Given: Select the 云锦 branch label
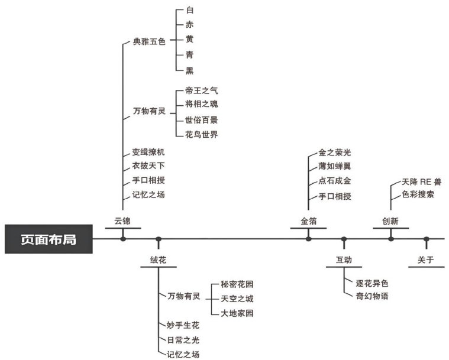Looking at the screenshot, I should pyautogui.click(x=122, y=222).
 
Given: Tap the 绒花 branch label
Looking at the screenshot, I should pyautogui.click(x=158, y=260).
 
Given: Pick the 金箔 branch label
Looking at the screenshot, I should pyautogui.click(x=309, y=222).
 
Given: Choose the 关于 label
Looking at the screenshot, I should pyautogui.click(x=426, y=260).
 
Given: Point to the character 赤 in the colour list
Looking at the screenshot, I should pyautogui.click(x=189, y=25).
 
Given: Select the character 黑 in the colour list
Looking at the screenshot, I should pyautogui.click(x=189, y=70).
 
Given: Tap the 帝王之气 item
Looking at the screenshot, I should pyautogui.click(x=202, y=90).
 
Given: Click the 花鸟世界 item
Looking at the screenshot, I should pyautogui.click(x=202, y=135).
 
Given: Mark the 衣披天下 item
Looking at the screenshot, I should pyautogui.click(x=148, y=166).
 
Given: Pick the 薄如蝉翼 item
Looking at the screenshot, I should pyautogui.click(x=335, y=167).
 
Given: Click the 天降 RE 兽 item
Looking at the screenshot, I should pyautogui.click(x=421, y=181).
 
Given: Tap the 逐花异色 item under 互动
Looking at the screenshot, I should pyautogui.click(x=372, y=283).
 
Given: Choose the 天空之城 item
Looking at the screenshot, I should pyautogui.click(x=237, y=299).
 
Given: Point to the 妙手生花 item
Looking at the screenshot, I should pyautogui.click(x=183, y=326).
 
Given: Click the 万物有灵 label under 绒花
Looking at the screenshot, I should pyautogui.click(x=183, y=296).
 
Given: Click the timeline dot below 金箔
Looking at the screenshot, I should pyautogui.click(x=308, y=238).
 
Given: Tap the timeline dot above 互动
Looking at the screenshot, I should pyautogui.click(x=344, y=239).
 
